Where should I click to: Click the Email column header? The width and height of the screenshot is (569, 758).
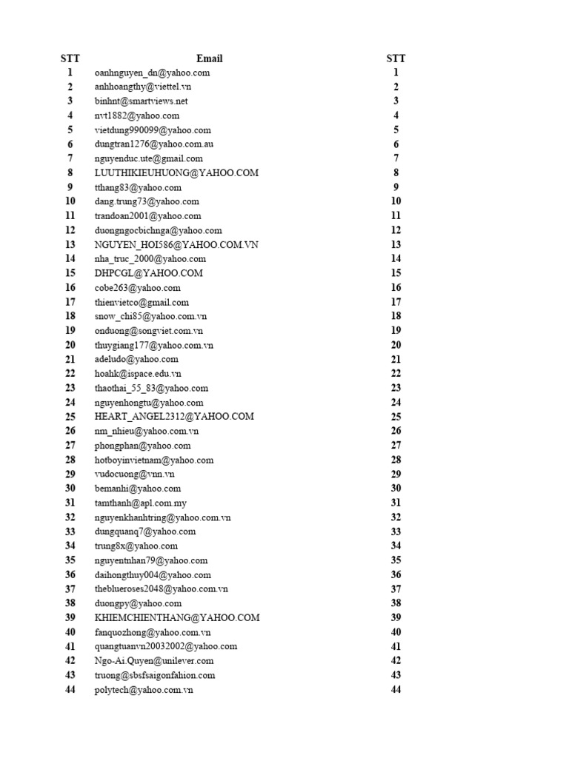[209, 58]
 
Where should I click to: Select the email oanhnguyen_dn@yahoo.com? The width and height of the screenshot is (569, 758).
[152, 73]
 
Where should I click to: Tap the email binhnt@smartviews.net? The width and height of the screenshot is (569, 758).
[142, 101]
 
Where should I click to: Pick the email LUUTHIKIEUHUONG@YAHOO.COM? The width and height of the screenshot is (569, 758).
[176, 172]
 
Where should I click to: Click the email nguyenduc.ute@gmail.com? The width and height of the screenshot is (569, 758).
[149, 158]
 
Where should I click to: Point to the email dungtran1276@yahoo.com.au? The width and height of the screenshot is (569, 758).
[154, 144]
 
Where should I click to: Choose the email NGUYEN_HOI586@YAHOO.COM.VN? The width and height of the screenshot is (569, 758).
[177, 244]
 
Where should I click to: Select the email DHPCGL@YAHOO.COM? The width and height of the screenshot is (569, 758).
[149, 273]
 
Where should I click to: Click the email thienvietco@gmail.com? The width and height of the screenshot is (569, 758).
[142, 302]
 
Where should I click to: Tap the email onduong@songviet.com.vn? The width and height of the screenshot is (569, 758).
[149, 331]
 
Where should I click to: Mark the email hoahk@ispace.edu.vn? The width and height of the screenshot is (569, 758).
[138, 374]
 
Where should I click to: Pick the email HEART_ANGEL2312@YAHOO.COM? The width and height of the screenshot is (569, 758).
[174, 417]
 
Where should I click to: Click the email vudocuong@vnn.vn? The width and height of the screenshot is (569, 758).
[134, 474]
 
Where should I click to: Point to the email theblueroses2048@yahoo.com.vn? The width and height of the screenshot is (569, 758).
[162, 589]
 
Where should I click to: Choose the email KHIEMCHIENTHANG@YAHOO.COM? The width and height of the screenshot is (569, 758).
[177, 617]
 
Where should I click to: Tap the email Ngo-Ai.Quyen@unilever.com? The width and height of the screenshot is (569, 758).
[154, 661]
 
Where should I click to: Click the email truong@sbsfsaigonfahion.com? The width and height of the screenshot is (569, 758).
[155, 675]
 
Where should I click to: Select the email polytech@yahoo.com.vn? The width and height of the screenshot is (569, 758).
[144, 689]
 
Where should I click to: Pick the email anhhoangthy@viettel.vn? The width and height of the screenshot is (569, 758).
[143, 87]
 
